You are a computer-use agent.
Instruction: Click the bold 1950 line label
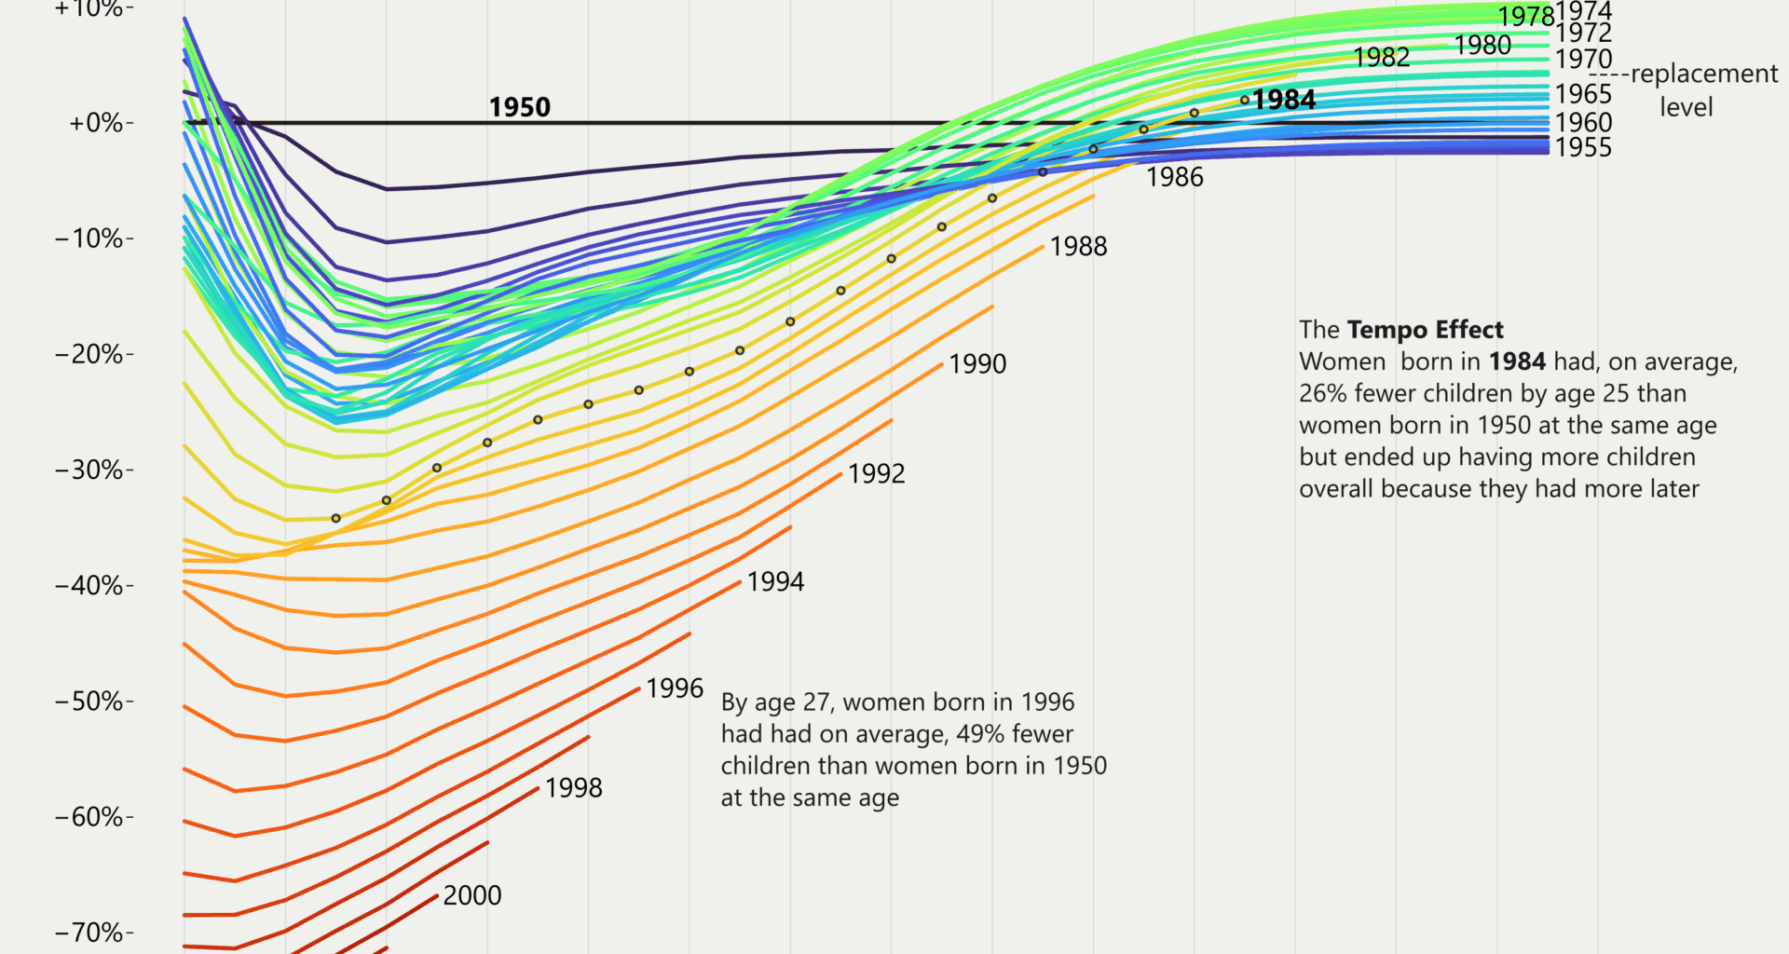tap(520, 107)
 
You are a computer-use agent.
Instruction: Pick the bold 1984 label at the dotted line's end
tap(1284, 100)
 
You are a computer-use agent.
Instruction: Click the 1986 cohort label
tap(1174, 177)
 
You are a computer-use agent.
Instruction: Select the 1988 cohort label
tap(1078, 246)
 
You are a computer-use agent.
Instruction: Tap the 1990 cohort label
tap(977, 363)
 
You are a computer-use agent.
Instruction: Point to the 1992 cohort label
tap(876, 473)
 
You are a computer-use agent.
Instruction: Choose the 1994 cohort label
tap(775, 581)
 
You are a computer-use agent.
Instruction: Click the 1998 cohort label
tap(573, 788)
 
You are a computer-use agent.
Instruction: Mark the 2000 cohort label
tap(471, 895)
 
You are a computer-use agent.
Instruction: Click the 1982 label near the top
tap(1381, 58)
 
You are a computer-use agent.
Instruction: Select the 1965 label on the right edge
tap(1583, 94)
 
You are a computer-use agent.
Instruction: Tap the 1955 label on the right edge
tap(1583, 147)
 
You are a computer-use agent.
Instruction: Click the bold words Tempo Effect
tap(1425, 330)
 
